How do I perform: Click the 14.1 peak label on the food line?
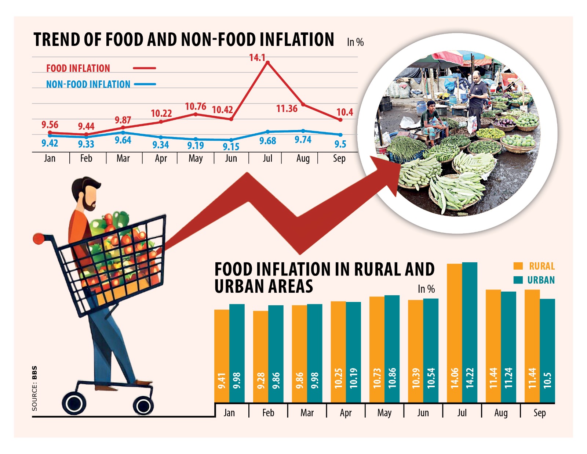point(257,58)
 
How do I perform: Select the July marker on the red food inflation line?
point(268,63)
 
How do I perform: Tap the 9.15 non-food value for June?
point(231,147)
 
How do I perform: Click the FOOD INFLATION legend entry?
point(78,68)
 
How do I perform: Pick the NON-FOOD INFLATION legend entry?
point(88,84)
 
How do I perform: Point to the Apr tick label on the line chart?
point(161,159)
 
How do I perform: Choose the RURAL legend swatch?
point(518,266)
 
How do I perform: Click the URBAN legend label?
point(541,280)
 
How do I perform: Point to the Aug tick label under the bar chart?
point(501,413)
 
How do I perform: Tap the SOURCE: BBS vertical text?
point(34,388)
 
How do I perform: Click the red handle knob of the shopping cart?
point(38,239)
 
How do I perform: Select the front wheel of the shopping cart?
point(143,406)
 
